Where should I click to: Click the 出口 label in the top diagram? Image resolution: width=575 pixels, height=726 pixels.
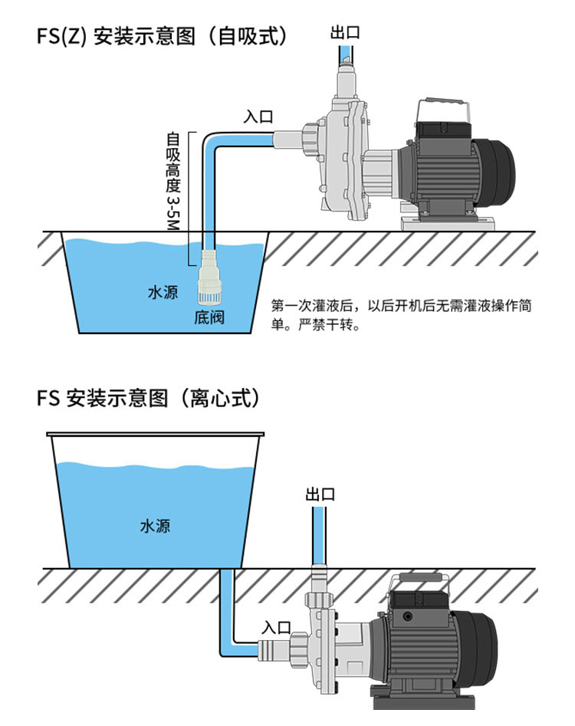pyautogui.click(x=344, y=32)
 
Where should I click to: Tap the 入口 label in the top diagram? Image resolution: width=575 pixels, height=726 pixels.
pyautogui.click(x=258, y=117)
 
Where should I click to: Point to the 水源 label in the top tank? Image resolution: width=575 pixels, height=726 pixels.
pyautogui.click(x=163, y=293)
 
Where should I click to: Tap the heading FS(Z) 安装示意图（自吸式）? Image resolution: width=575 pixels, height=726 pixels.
pyautogui.click(x=162, y=37)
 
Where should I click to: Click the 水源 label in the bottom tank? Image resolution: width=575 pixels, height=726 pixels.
pyautogui.click(x=155, y=527)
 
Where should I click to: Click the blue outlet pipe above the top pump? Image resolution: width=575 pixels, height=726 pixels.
pyautogui.click(x=346, y=55)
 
